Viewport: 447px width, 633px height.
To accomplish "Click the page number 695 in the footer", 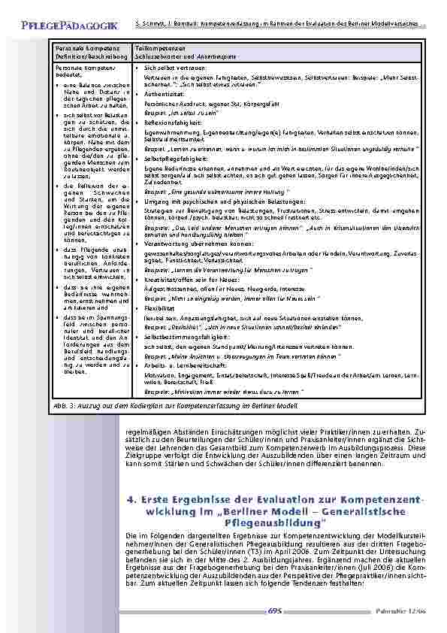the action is [274, 610].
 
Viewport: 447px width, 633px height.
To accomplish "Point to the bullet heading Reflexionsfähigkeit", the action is [171, 122].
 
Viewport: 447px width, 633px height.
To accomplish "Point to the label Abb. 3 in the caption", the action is [62, 403].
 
